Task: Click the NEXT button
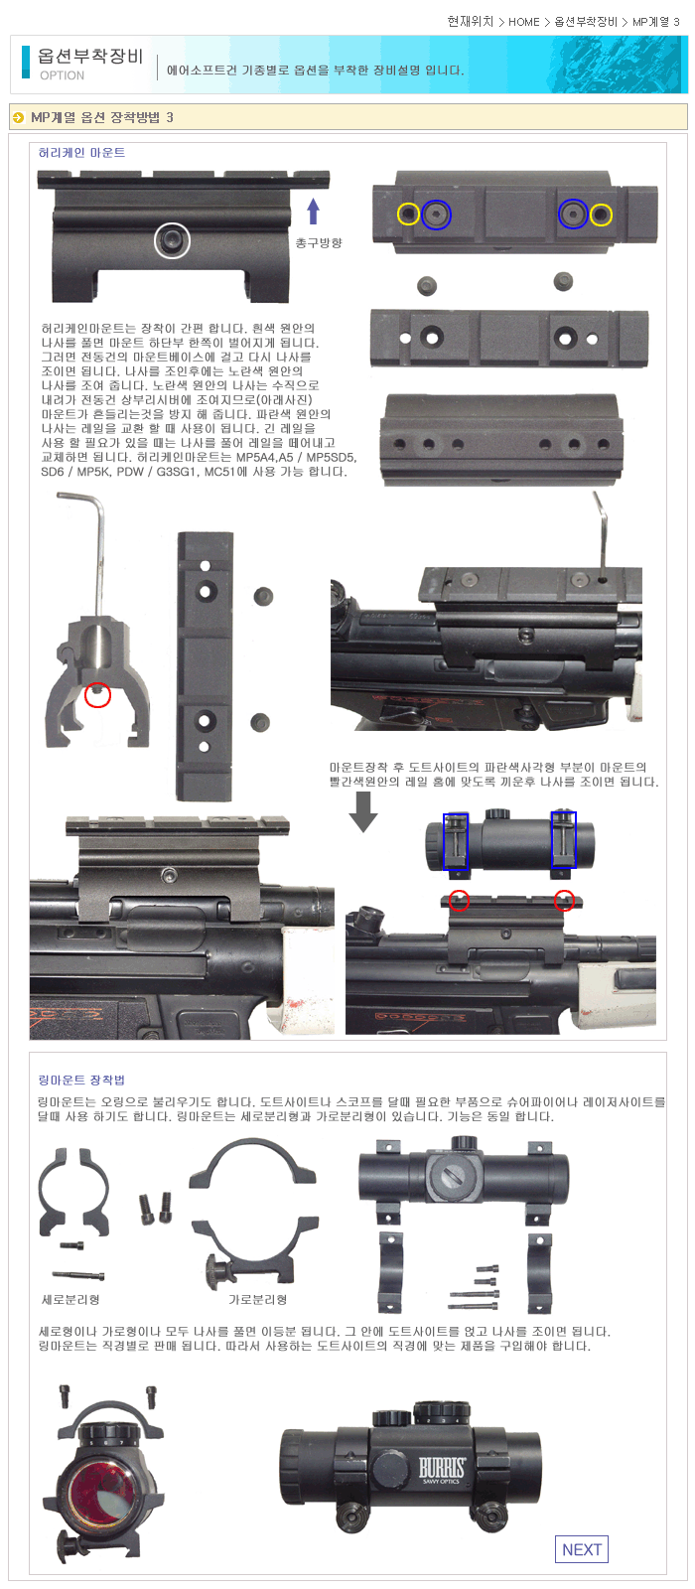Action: pyautogui.click(x=582, y=1549)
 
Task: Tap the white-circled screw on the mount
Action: pyautogui.click(x=173, y=240)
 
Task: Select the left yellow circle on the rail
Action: pyautogui.click(x=408, y=215)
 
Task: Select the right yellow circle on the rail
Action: pyautogui.click(x=601, y=215)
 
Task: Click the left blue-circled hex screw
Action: pyautogui.click(x=436, y=215)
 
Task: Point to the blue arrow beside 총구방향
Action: pyautogui.click(x=313, y=213)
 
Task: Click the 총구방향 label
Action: pyautogui.click(x=319, y=243)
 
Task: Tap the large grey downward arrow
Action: pyautogui.click(x=363, y=811)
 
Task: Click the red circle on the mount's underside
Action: pyautogui.click(x=98, y=694)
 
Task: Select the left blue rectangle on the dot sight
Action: pyautogui.click(x=456, y=841)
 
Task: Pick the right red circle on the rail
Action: pyautogui.click(x=564, y=900)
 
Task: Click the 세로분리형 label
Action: pyautogui.click(x=70, y=1300)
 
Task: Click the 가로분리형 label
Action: pyautogui.click(x=257, y=1300)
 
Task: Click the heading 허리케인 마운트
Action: pyautogui.click(x=81, y=153)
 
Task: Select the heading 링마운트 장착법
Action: pyautogui.click(x=81, y=1080)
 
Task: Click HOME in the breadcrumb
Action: pyautogui.click(x=524, y=22)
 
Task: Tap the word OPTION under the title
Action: pyautogui.click(x=62, y=75)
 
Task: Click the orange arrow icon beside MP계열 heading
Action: pyautogui.click(x=19, y=118)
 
